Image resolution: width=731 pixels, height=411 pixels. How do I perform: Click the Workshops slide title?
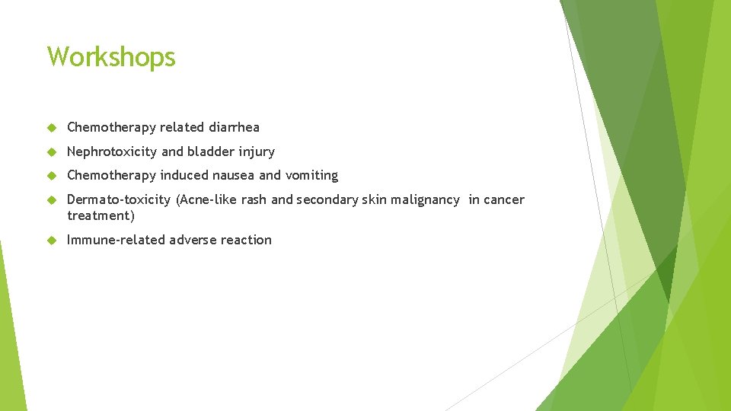[x=111, y=57]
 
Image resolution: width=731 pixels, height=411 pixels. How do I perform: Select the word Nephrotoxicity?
[x=112, y=151]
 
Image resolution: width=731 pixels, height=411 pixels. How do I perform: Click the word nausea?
[x=232, y=175]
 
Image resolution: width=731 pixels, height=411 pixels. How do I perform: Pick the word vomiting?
[x=311, y=175]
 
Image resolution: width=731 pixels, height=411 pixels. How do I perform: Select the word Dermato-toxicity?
[x=119, y=199]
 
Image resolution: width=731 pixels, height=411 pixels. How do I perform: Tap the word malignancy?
[x=426, y=199]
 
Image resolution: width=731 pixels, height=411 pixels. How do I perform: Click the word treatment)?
[x=101, y=215]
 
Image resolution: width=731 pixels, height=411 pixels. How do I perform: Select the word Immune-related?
[x=116, y=240]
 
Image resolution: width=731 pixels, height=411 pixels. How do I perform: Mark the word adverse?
[x=193, y=240]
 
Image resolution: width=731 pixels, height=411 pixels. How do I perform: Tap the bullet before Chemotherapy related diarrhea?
[x=52, y=127]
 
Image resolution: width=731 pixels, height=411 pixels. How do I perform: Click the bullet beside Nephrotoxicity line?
[x=52, y=151]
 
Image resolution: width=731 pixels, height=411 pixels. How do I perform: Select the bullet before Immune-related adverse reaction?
[x=52, y=240]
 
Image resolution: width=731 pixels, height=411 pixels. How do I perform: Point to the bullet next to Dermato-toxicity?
[x=52, y=199]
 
